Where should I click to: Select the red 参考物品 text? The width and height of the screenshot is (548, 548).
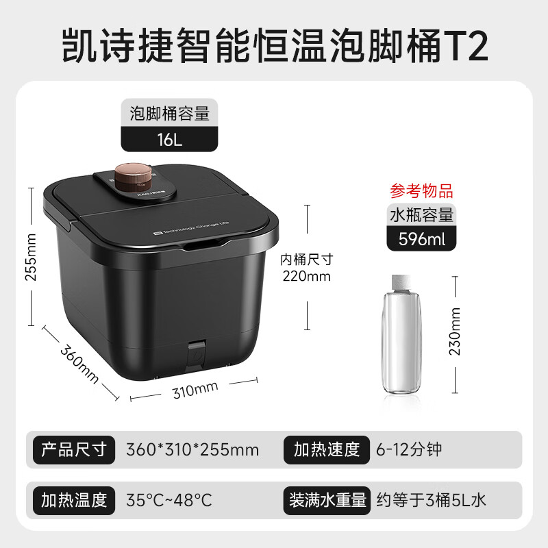point(421,190)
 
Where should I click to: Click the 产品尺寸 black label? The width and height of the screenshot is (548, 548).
point(74,449)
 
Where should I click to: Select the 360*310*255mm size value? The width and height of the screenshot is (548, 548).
point(192,449)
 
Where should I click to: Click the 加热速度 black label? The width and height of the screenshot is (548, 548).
point(326,449)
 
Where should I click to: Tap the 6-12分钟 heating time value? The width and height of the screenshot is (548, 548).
point(409,449)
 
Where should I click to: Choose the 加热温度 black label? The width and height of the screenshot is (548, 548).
point(74,499)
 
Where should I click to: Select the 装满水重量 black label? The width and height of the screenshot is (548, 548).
point(326,499)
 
